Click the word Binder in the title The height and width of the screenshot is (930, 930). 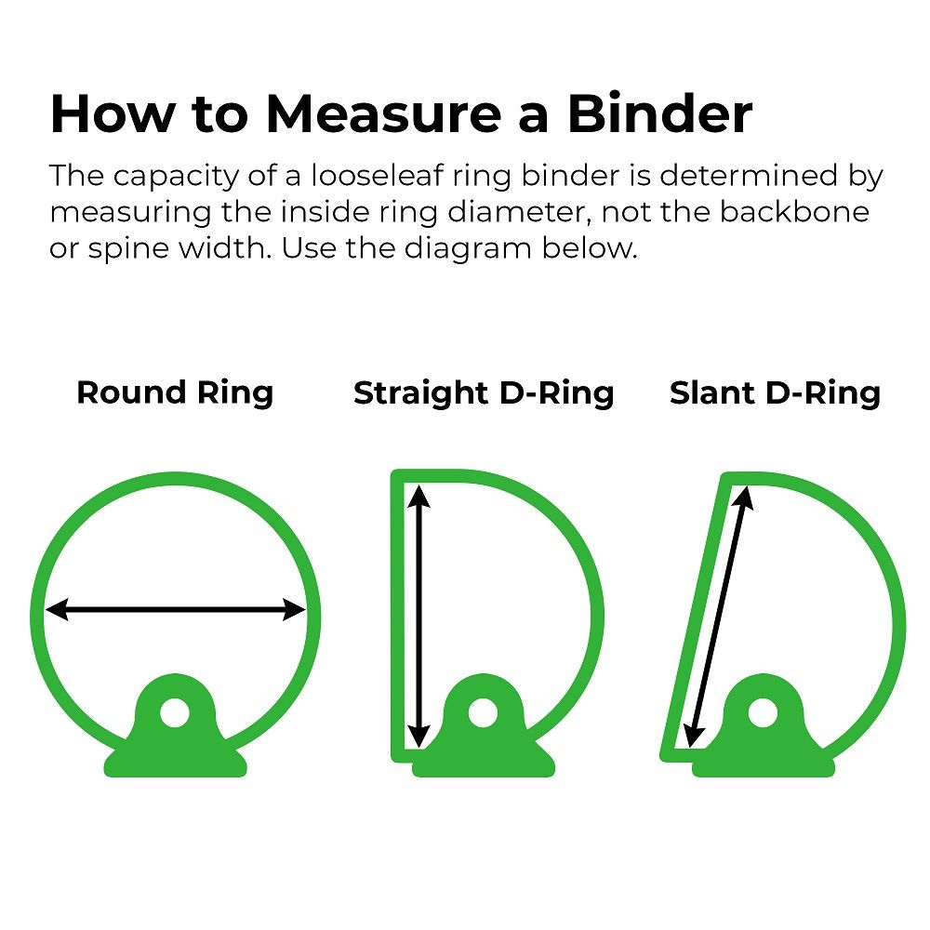[x=659, y=114]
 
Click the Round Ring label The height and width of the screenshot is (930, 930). [x=175, y=392]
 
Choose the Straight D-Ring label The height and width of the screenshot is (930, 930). [x=484, y=392]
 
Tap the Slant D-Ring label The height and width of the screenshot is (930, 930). [x=775, y=392]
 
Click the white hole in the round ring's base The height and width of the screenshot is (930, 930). [x=173, y=713]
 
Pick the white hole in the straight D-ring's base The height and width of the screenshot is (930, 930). [x=481, y=713]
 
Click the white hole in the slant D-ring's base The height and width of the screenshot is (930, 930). [x=762, y=713]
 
